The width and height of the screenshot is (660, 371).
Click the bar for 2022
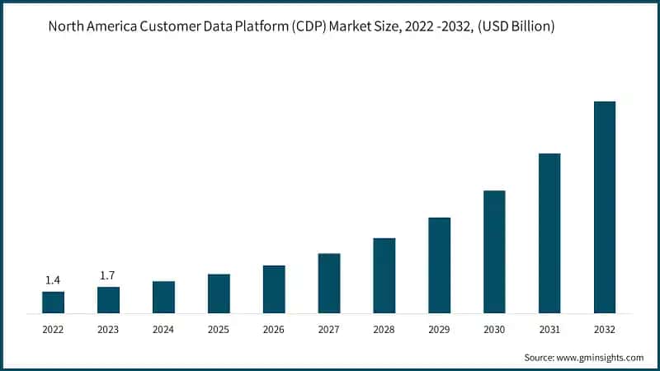click(x=53, y=302)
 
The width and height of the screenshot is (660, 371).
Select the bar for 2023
click(x=108, y=300)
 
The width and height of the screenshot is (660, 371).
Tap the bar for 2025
click(x=219, y=294)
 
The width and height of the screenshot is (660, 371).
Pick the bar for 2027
click(x=329, y=283)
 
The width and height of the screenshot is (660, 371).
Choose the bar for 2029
click(x=439, y=265)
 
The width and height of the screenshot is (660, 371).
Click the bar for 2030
click(x=494, y=251)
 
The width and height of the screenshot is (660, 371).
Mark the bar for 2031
click(x=549, y=233)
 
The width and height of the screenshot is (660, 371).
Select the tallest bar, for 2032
click(x=605, y=207)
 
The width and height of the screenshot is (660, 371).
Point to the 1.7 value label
click(x=108, y=275)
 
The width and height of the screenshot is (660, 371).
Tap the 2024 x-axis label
click(x=163, y=328)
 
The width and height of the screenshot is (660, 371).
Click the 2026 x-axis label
click(x=274, y=328)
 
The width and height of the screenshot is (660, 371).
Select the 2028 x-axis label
click(x=384, y=328)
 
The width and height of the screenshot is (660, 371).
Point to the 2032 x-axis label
click(x=605, y=328)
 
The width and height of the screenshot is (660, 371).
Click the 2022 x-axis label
click(x=53, y=328)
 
